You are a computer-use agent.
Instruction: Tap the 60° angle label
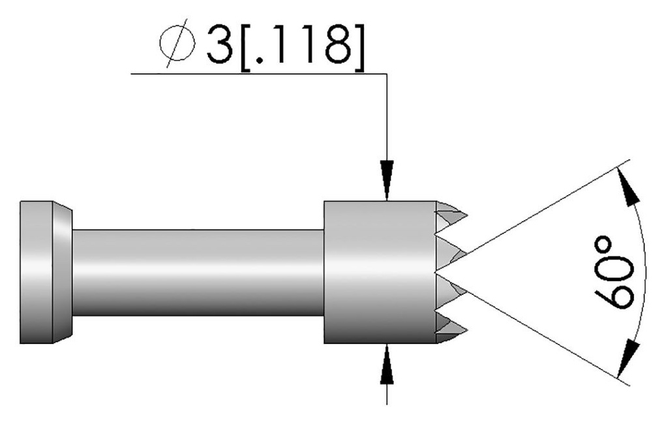click(613, 273)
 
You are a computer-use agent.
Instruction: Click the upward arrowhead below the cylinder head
click(387, 361)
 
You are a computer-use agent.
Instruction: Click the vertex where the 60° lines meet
click(436, 269)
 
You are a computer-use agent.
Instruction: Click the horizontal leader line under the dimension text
click(261, 74)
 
